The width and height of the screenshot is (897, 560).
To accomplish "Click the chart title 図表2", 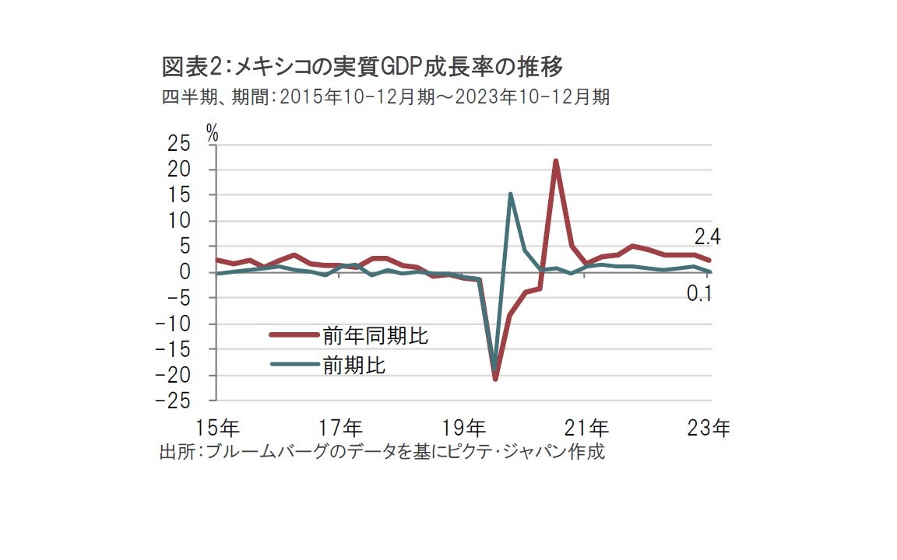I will tap(361, 68).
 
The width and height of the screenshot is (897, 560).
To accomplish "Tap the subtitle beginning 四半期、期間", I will tap(385, 97).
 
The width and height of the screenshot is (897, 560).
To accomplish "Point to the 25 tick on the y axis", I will tap(179, 144).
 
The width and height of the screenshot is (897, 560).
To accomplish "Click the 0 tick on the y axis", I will tap(185, 273).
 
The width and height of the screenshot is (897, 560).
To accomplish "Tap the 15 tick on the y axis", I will tap(179, 195).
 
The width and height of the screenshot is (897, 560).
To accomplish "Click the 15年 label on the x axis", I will tap(217, 428).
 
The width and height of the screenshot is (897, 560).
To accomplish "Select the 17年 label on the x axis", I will tap(340, 428).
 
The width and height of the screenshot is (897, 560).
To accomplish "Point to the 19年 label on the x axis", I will tap(464, 428).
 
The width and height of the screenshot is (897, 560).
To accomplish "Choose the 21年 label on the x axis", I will tap(587, 428).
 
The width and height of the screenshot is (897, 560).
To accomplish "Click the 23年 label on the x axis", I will tap(709, 428).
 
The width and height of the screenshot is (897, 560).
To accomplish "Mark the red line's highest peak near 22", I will tap(556, 161).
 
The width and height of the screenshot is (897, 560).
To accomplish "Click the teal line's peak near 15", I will tap(510, 194).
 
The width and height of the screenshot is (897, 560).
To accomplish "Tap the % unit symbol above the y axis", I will tap(212, 132).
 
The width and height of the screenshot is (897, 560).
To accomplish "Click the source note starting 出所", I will tap(381, 452).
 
